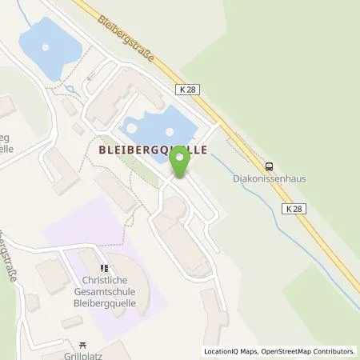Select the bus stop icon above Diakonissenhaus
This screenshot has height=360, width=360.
pos(270,166)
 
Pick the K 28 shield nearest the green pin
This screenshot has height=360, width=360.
pos(188,91)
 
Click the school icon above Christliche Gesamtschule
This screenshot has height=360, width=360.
pos(102,268)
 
